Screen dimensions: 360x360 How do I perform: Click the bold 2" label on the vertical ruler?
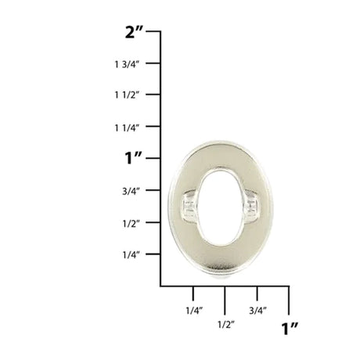[134, 32]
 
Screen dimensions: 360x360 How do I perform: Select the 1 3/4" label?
[127, 64]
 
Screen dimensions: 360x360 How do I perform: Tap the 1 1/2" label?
[127, 95]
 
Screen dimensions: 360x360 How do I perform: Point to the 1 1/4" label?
[127, 128]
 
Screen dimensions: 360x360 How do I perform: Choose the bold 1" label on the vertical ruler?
[134, 158]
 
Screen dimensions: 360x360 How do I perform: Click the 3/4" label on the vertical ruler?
[131, 192]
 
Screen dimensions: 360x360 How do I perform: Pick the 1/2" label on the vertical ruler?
[131, 223]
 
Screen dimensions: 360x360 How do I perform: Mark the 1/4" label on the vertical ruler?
[131, 254]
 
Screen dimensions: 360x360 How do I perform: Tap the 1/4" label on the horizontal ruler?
[194, 311]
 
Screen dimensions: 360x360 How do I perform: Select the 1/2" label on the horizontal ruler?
[226, 325]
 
